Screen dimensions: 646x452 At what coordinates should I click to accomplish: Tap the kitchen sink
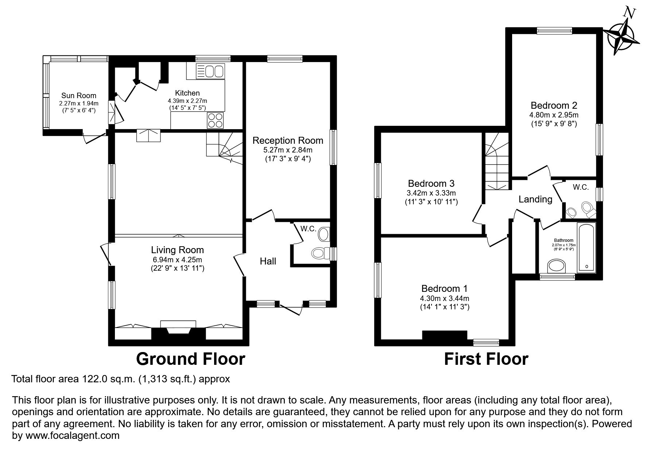tap(210, 71)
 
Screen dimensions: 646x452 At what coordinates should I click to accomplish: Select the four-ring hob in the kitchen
tap(215, 120)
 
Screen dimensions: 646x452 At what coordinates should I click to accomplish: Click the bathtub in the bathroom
tap(586, 247)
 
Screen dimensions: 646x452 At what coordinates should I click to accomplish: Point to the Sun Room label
tap(79, 96)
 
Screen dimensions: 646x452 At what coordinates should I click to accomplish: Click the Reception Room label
tap(288, 140)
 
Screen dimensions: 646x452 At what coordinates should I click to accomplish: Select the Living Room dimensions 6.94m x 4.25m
tap(177, 260)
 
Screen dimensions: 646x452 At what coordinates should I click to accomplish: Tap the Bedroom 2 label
tap(554, 105)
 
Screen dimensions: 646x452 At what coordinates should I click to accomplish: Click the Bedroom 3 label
tap(431, 183)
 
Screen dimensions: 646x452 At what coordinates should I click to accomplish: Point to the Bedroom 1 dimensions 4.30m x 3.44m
tap(444, 298)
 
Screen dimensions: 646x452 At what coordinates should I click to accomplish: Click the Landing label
tap(535, 199)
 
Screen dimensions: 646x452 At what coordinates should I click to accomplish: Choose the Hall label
tap(268, 261)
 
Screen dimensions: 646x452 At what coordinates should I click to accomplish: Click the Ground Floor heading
tap(190, 359)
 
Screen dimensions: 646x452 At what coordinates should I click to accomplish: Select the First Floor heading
tap(486, 359)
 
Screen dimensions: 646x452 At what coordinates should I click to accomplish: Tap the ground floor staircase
tap(224, 148)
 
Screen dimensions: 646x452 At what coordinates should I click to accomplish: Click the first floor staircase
tap(497, 161)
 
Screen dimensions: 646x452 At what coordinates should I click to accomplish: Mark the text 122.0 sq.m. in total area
tap(108, 379)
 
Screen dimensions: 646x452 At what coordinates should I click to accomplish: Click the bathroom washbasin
tap(557, 266)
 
